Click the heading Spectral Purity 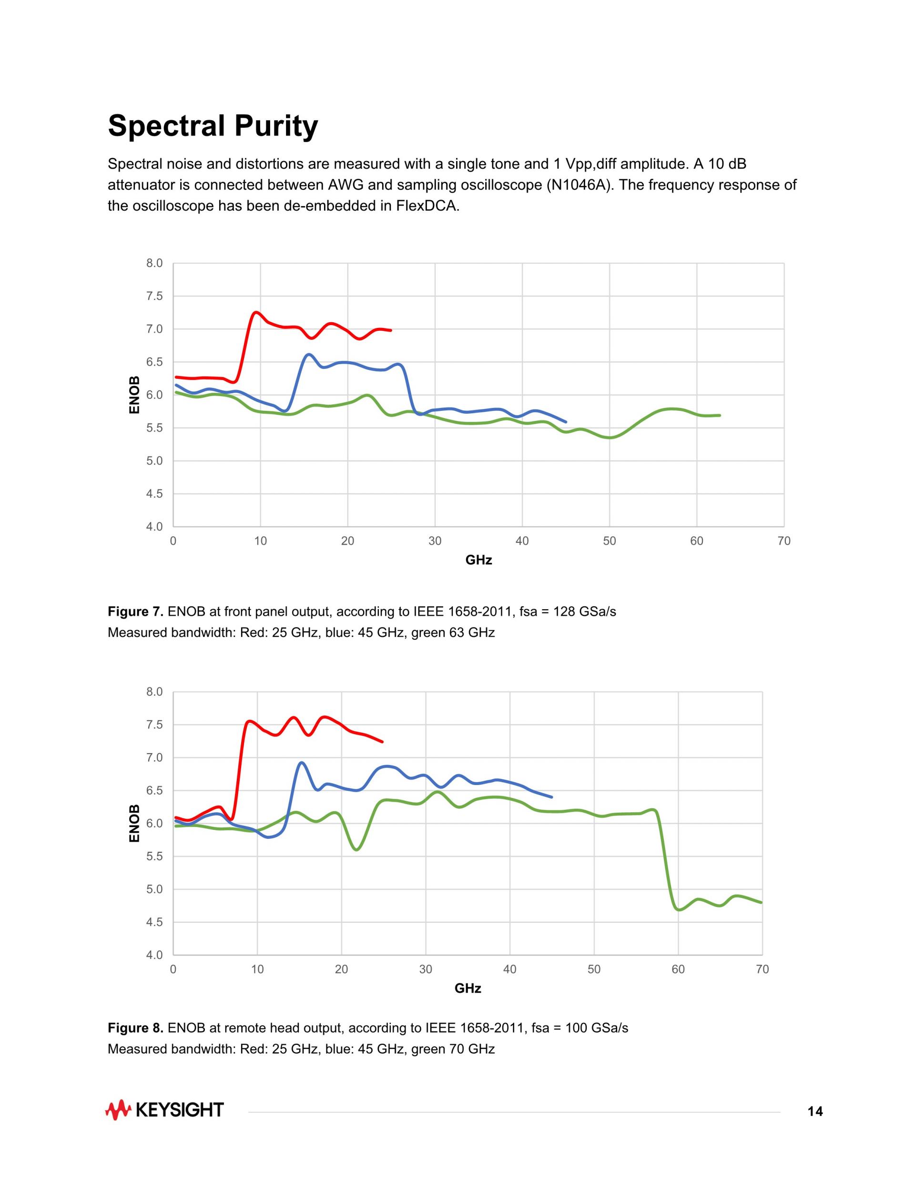pyautogui.click(x=213, y=126)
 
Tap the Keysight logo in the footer pyautogui.click(x=164, y=1110)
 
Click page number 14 pyautogui.click(x=815, y=1112)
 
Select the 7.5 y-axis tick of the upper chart pyautogui.click(x=154, y=296)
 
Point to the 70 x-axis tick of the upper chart pyautogui.click(x=784, y=541)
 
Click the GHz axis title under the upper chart pyautogui.click(x=478, y=560)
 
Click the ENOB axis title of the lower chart pyautogui.click(x=134, y=823)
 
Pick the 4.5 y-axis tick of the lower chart pyautogui.click(x=154, y=922)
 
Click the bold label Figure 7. pyautogui.click(x=135, y=612)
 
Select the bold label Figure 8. pyautogui.click(x=135, y=1028)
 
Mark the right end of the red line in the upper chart pyautogui.click(x=391, y=330)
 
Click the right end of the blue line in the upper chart pyautogui.click(x=566, y=422)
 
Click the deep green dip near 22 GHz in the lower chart pyautogui.click(x=356, y=849)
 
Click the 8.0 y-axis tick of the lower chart pyautogui.click(x=154, y=692)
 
